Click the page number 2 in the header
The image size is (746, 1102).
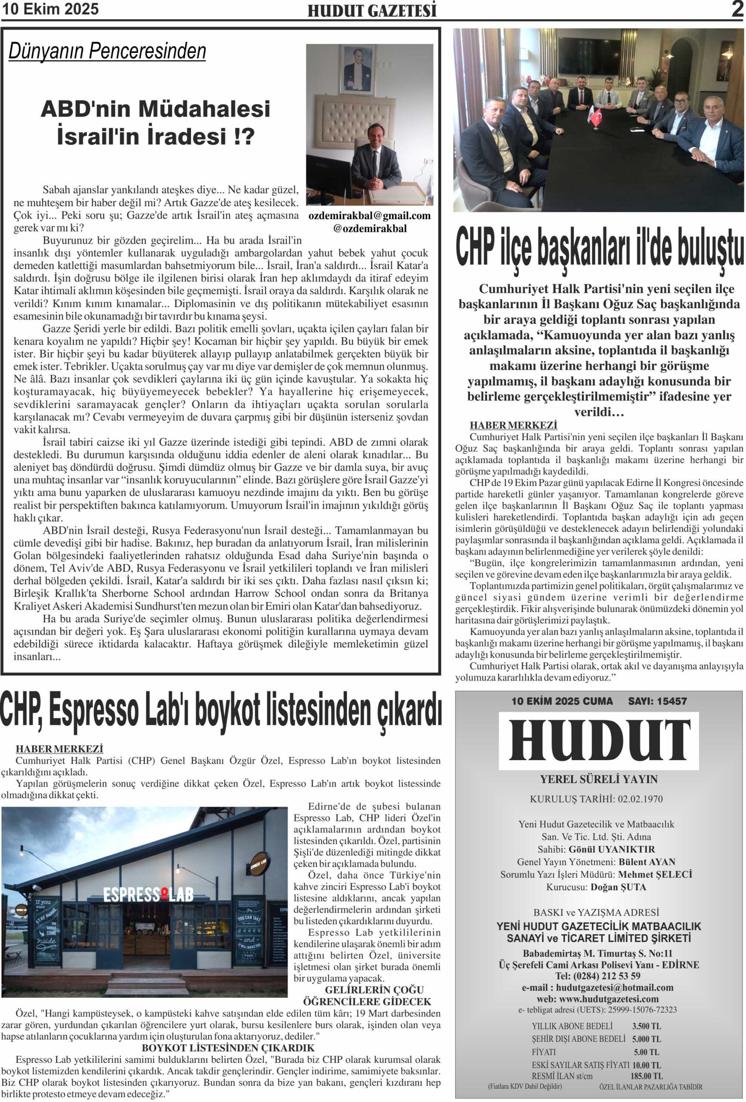pyautogui.click(x=736, y=9)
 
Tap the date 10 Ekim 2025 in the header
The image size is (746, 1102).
pyautogui.click(x=50, y=9)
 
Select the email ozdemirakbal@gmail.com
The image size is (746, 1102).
pyautogui.click(x=369, y=216)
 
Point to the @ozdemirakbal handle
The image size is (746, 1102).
pyautogui.click(x=369, y=228)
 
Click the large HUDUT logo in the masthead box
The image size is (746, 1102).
pyautogui.click(x=600, y=742)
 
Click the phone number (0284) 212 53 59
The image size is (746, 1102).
pyautogui.click(x=607, y=976)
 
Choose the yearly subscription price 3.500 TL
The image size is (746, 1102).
pyautogui.click(x=647, y=1026)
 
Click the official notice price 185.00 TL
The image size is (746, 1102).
pyautogui.click(x=647, y=1077)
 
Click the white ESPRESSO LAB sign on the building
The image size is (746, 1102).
pyautogui.click(x=149, y=895)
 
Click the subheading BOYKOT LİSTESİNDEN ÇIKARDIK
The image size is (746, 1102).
pyautogui.click(x=228, y=1048)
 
